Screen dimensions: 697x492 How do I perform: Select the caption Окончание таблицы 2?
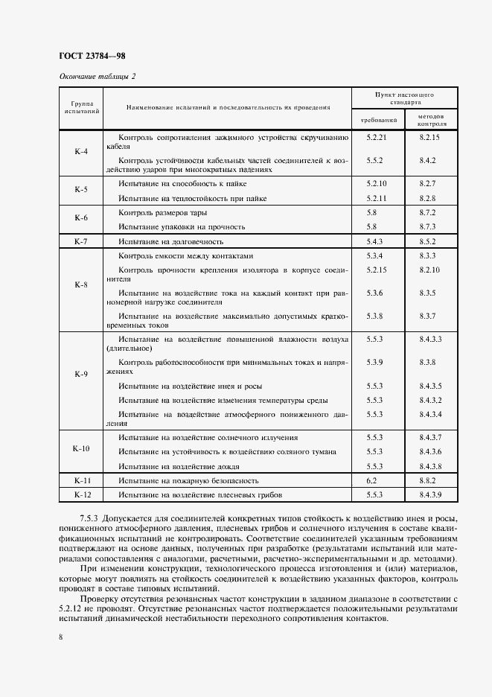97,77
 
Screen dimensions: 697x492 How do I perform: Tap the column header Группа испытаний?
81,106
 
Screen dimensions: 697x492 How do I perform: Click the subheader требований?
378,120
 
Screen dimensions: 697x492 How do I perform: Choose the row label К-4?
81,152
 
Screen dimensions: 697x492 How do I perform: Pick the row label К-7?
81,242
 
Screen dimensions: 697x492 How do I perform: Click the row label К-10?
81,449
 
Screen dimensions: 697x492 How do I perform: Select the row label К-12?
81,494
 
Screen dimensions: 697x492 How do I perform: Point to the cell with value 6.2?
372,481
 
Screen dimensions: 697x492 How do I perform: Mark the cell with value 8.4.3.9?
430,494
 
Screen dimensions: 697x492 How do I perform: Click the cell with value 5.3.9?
374,362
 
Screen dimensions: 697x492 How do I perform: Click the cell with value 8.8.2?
427,481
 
